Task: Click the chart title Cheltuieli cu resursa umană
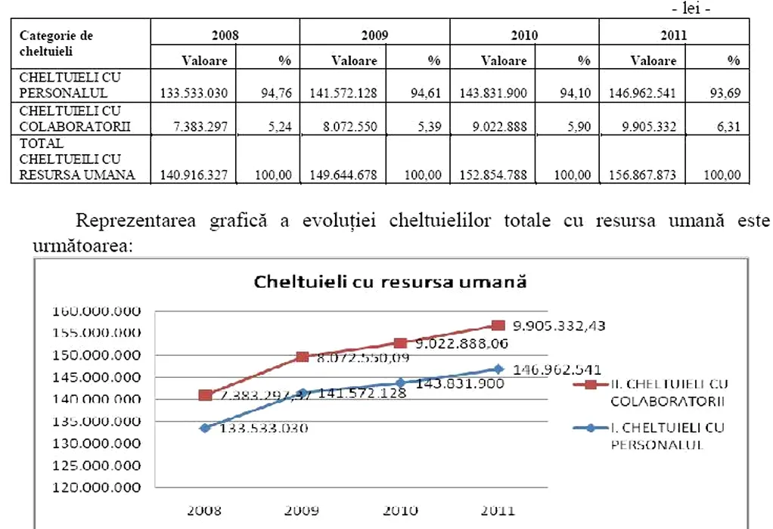click(390, 283)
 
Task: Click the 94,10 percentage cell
click(579, 94)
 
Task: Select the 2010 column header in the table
click(524, 35)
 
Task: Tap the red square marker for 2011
click(497, 325)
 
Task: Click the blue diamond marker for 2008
click(205, 428)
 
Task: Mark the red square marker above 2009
click(303, 357)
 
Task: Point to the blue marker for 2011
click(497, 369)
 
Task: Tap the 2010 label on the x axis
click(400, 511)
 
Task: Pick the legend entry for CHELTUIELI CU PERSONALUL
click(665, 435)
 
